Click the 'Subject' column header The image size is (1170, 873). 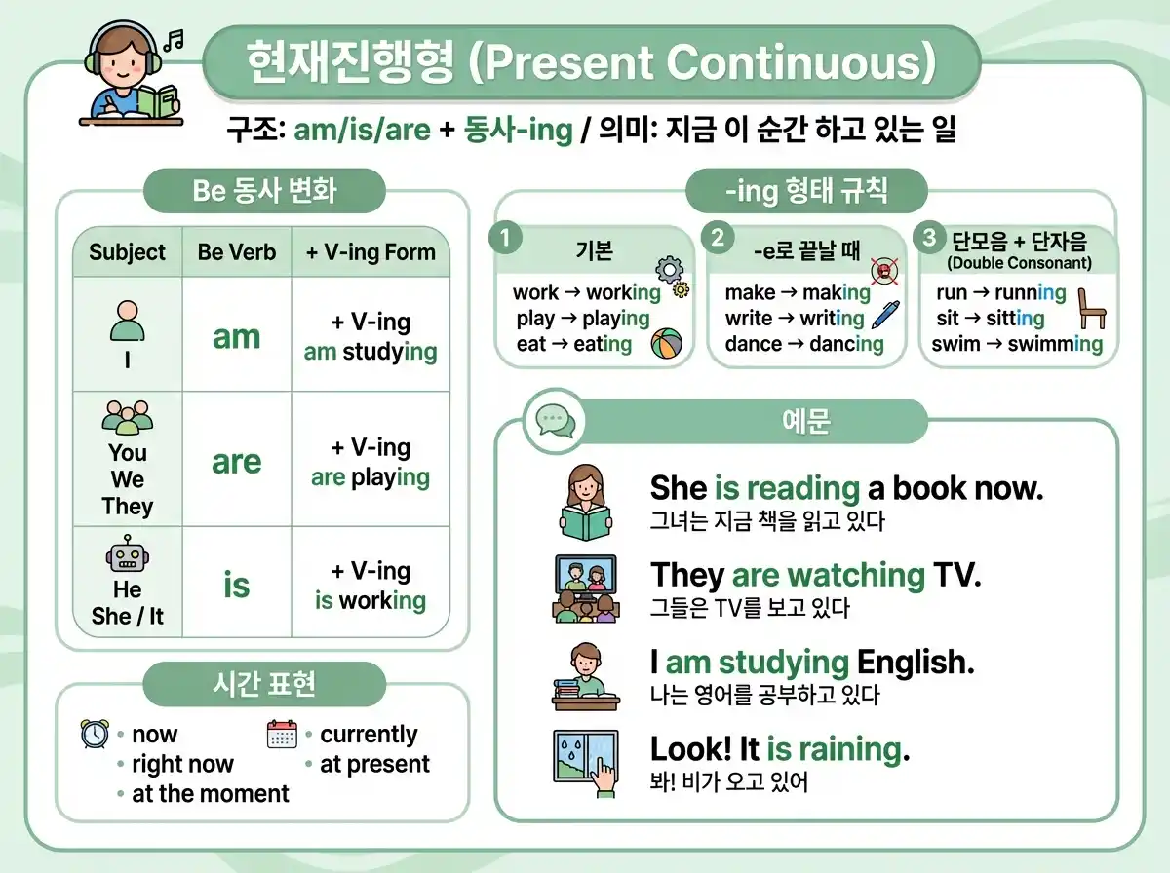128,252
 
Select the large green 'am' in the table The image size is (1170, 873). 237,337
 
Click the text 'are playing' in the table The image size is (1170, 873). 370,477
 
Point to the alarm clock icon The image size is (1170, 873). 95,734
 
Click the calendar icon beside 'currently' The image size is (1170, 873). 282,734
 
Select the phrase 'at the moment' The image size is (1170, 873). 211,794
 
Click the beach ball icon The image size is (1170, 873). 667,343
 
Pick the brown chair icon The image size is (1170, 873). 1092,310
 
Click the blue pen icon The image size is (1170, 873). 885,315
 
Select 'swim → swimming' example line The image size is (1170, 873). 1017,344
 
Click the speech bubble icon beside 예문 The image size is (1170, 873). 555,421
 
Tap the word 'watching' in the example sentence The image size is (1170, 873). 857,575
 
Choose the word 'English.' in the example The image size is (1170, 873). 916,663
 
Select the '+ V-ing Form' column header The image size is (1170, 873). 370,252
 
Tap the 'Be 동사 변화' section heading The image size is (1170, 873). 264,190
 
